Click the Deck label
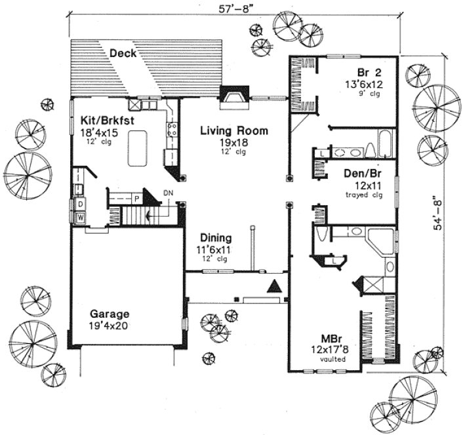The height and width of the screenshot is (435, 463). coord(123,53)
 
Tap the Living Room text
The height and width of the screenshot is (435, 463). coord(234,131)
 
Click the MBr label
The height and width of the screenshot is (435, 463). coord(329,339)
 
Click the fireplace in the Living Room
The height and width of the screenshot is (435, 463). coord(233,98)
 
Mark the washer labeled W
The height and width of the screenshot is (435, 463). coord(81,217)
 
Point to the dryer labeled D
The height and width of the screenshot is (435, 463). coord(80,204)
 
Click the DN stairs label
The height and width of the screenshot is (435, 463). coord(168,193)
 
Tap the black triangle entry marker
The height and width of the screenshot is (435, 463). coord(274,286)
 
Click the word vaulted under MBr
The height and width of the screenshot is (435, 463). coord(329,360)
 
